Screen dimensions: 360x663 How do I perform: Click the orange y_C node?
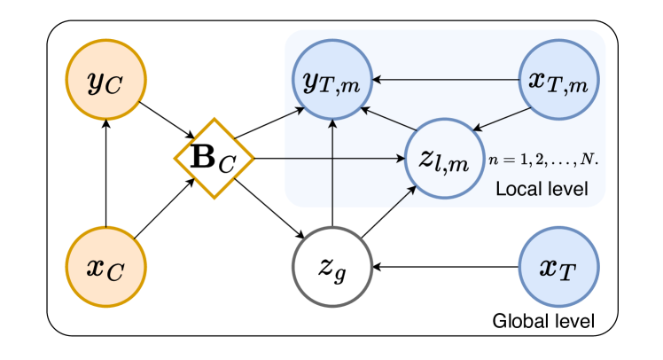coord(105,82)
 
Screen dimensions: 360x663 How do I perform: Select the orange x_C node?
coord(105,266)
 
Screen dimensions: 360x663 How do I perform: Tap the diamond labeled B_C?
coord(214,158)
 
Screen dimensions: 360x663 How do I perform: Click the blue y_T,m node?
coord(331,82)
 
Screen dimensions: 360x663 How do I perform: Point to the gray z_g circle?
coord(331,266)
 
